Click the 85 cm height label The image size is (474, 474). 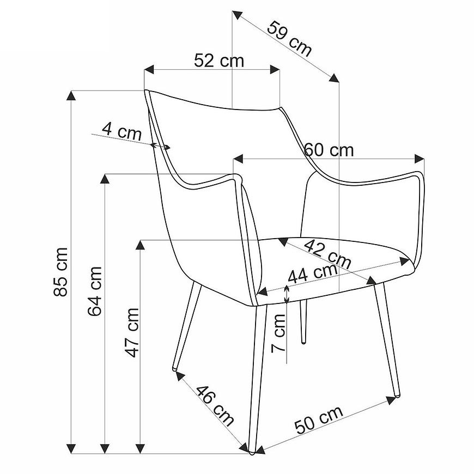[60, 272]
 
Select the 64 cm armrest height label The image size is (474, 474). [95, 291]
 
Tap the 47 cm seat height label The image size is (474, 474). [132, 333]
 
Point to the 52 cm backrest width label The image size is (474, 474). [219, 60]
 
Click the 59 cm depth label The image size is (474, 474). [289, 39]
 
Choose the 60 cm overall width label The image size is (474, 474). [329, 150]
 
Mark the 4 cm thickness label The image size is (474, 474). [121, 131]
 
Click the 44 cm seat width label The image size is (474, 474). [313, 274]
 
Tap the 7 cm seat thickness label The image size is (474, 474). [278, 333]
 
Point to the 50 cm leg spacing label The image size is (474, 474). [319, 420]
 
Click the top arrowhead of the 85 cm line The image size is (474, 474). [71, 95]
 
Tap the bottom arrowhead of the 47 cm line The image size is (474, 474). [140, 448]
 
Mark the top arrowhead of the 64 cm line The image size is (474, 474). [105, 179]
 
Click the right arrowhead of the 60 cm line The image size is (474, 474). [420, 159]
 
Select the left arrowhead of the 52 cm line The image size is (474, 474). [149, 69]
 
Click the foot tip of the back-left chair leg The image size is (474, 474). [175, 369]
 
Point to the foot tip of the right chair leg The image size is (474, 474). [398, 395]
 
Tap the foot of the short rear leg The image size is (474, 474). [303, 343]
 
